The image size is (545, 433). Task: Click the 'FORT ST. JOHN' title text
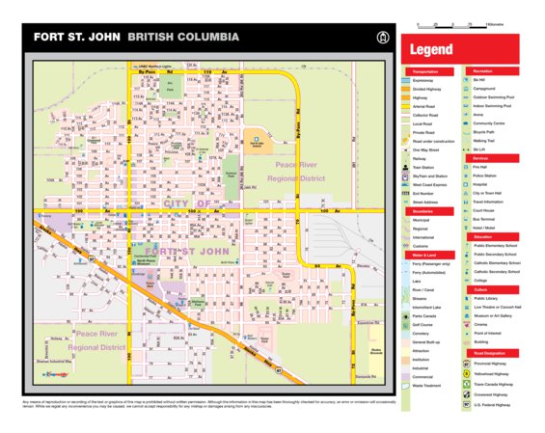click(71, 39)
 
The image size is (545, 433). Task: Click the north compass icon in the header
click(383, 39)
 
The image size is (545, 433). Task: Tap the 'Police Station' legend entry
click(487, 176)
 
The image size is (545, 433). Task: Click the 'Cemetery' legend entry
click(422, 334)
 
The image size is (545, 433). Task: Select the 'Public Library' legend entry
click(487, 298)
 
